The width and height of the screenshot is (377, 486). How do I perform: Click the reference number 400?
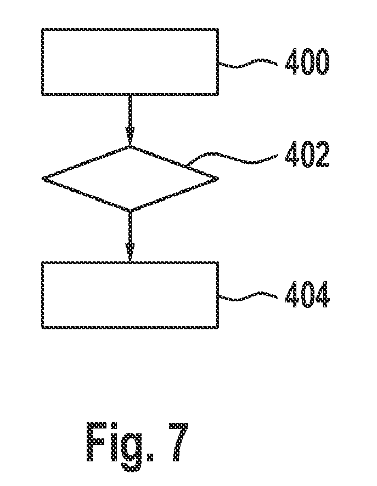pyautogui.click(x=307, y=62)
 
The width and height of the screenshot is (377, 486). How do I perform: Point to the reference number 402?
pyautogui.click(x=307, y=154)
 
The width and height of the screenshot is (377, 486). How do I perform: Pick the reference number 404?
pyautogui.click(x=307, y=294)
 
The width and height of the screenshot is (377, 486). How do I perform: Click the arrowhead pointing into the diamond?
pyautogui.click(x=130, y=136)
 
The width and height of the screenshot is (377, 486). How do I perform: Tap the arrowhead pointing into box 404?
pyautogui.click(x=130, y=252)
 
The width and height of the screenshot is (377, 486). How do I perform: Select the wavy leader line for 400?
pyautogui.click(x=248, y=63)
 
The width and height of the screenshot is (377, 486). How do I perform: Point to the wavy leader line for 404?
pyautogui.click(x=248, y=296)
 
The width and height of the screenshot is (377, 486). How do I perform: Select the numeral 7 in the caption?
pyautogui.click(x=178, y=442)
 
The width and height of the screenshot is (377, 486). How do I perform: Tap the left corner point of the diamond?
pyautogui.click(x=43, y=179)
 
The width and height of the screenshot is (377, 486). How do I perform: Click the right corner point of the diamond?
pyautogui.click(x=218, y=178)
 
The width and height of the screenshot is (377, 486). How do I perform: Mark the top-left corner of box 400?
pyautogui.click(x=42, y=28)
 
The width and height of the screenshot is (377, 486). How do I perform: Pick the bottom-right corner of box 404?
pyautogui.click(x=218, y=328)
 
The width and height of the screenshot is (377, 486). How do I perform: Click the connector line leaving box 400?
pyautogui.click(x=130, y=112)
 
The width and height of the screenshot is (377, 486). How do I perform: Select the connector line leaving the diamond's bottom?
pyautogui.click(x=130, y=228)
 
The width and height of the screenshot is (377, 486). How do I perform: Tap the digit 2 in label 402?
pyautogui.click(x=322, y=154)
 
